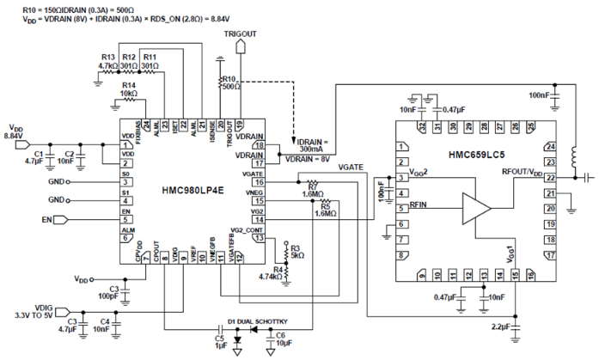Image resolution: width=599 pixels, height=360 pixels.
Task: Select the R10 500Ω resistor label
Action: coord(229,83)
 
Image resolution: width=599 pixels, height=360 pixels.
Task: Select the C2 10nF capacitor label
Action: coord(73,156)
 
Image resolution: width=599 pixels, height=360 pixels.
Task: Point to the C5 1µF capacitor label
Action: coord(223,343)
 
